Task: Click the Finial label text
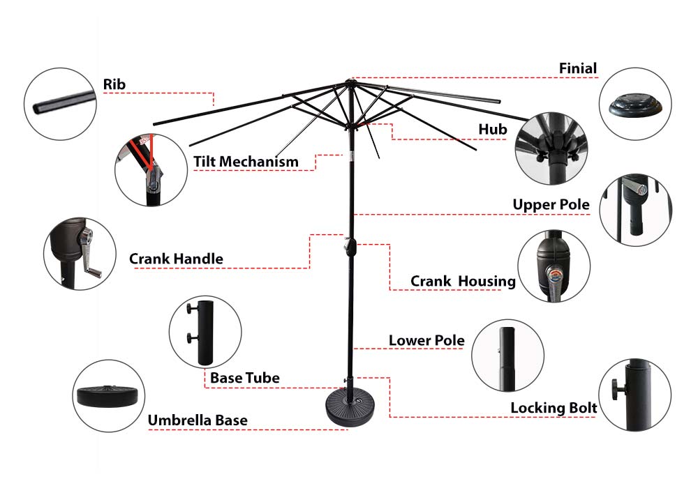click(x=578, y=68)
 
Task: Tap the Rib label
click(x=114, y=84)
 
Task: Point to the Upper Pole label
click(x=551, y=205)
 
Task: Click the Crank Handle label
click(x=176, y=259)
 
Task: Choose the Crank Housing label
click(x=462, y=282)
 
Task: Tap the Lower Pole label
click(x=426, y=340)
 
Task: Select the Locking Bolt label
click(x=553, y=408)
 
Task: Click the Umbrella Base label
click(x=197, y=420)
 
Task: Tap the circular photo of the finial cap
click(x=635, y=103)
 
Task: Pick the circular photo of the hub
click(x=551, y=148)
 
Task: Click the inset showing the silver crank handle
click(x=80, y=254)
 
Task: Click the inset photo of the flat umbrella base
click(x=108, y=396)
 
